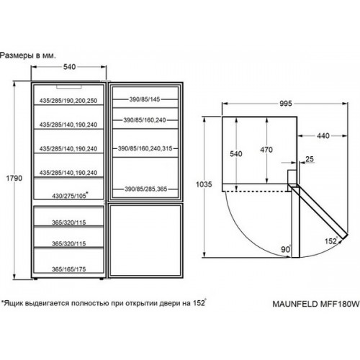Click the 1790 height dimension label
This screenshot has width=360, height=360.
coord(14,178)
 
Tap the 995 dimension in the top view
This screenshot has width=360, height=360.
coord(286,104)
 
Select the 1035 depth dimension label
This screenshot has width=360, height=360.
coord(204,184)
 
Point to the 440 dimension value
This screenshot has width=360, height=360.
coord(323,136)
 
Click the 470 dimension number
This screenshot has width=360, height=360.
coord(266,150)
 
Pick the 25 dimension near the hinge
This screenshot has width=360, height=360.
coord(310,159)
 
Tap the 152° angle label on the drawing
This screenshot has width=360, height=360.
coord(331,240)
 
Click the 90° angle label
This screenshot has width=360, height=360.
coord(286,249)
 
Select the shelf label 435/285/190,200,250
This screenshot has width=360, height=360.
coord(68,101)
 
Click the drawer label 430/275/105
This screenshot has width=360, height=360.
coord(70,195)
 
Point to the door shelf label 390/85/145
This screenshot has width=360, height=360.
coord(145,99)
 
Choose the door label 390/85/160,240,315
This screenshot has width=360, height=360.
coord(145,148)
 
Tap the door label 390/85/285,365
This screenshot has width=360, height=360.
coord(145,189)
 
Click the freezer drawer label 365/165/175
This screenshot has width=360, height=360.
coord(69,269)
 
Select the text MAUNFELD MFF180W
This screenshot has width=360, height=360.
coord(316,304)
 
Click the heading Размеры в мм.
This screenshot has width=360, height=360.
coord(28,55)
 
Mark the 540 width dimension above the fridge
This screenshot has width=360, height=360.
coord(69,67)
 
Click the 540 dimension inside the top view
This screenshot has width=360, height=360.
coord(236,153)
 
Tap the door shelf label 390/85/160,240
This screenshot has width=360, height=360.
coord(145,120)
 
